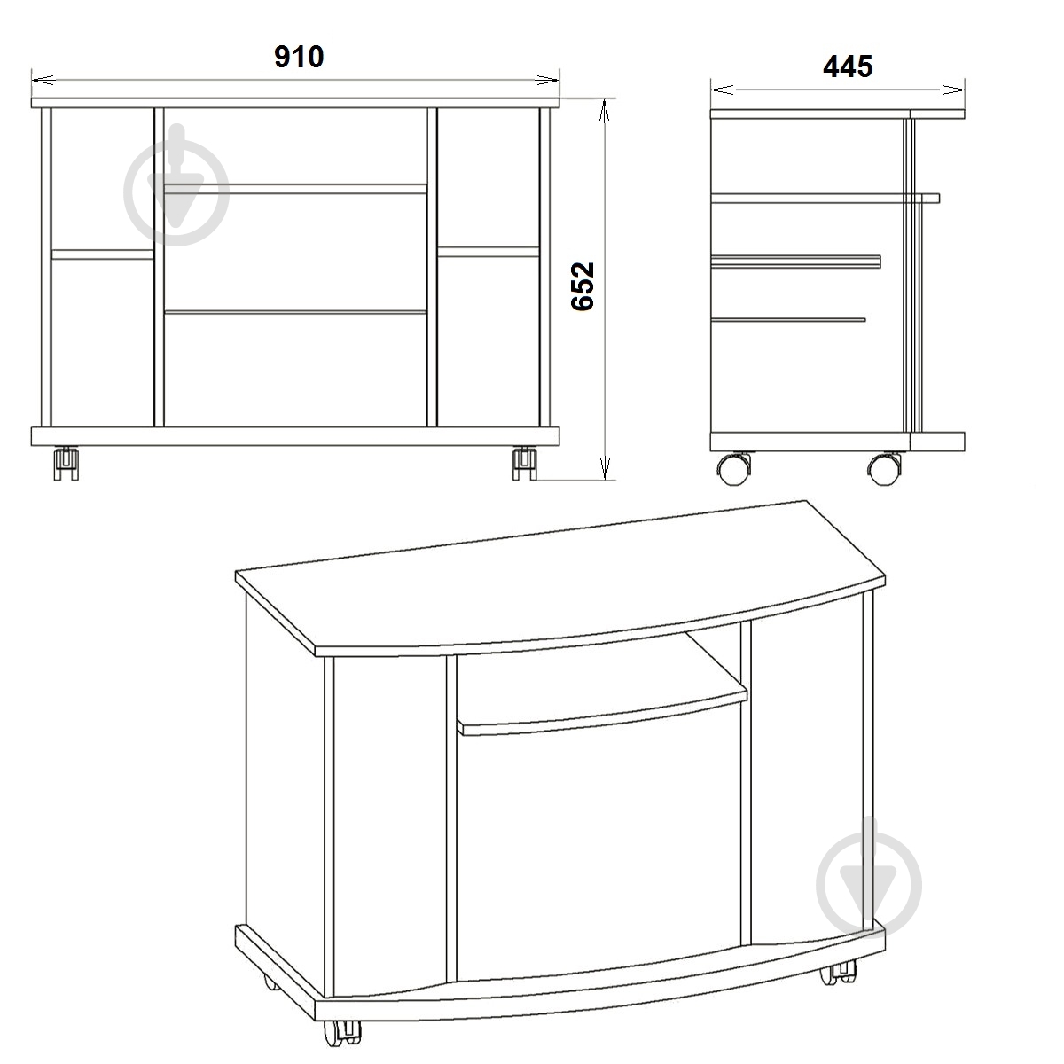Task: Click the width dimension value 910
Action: click(299, 57)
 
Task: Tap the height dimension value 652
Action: click(583, 286)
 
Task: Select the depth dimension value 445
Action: click(848, 66)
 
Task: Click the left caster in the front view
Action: click(66, 463)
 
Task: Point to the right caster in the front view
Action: click(525, 463)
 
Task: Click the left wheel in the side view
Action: click(734, 469)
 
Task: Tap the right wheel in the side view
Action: click(885, 469)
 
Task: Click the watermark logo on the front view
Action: click(176, 185)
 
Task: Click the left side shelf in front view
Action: click(102, 254)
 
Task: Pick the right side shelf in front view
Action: click(488, 252)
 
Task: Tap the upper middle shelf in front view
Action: click(295, 189)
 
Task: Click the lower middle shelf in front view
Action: click(295, 312)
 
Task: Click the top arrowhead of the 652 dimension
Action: click(606, 111)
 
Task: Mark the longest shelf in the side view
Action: click(825, 199)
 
